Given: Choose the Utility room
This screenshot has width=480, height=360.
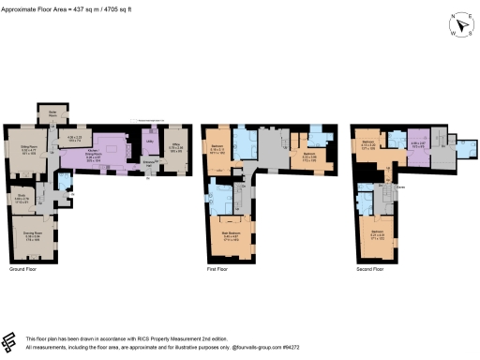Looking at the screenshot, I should pyautogui.click(x=148, y=154).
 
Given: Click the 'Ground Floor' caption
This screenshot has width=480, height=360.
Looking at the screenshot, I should pyautogui.click(x=23, y=269).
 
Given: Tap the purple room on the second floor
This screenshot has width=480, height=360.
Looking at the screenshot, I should pyautogui.click(x=417, y=147).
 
